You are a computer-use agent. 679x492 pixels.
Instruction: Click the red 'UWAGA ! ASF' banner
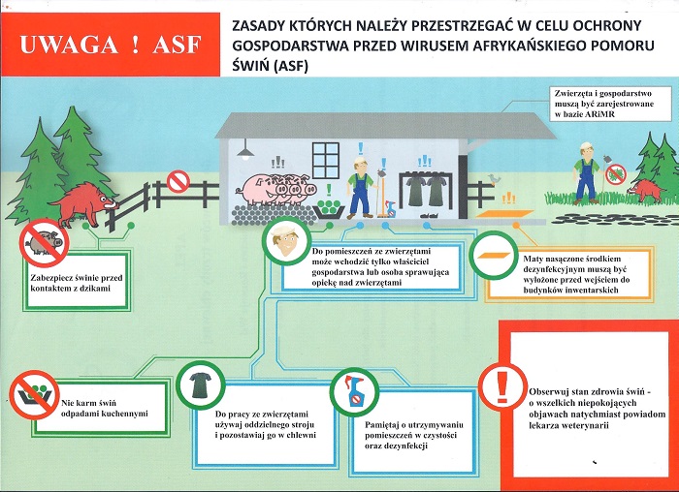[x=111, y=45]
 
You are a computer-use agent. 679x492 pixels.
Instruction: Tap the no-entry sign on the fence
[x=178, y=181]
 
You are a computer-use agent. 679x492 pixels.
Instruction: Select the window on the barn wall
[x=326, y=160]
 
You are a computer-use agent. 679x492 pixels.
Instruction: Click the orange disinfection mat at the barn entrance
[x=505, y=213]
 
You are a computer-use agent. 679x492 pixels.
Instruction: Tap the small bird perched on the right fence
[x=494, y=178]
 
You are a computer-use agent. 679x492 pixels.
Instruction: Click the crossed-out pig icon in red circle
[x=45, y=243]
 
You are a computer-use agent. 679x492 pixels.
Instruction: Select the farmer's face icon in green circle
[x=286, y=241]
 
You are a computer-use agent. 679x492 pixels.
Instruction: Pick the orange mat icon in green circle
[x=494, y=255]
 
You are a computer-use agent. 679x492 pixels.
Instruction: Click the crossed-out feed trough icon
[x=34, y=394]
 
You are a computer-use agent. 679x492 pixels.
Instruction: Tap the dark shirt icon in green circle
[x=201, y=384]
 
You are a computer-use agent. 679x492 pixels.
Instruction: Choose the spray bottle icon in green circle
[x=354, y=391]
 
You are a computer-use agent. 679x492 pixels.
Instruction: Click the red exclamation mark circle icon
[x=502, y=386]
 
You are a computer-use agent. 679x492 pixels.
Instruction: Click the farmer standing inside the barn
[x=361, y=188]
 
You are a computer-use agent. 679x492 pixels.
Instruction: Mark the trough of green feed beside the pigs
[x=329, y=210]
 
